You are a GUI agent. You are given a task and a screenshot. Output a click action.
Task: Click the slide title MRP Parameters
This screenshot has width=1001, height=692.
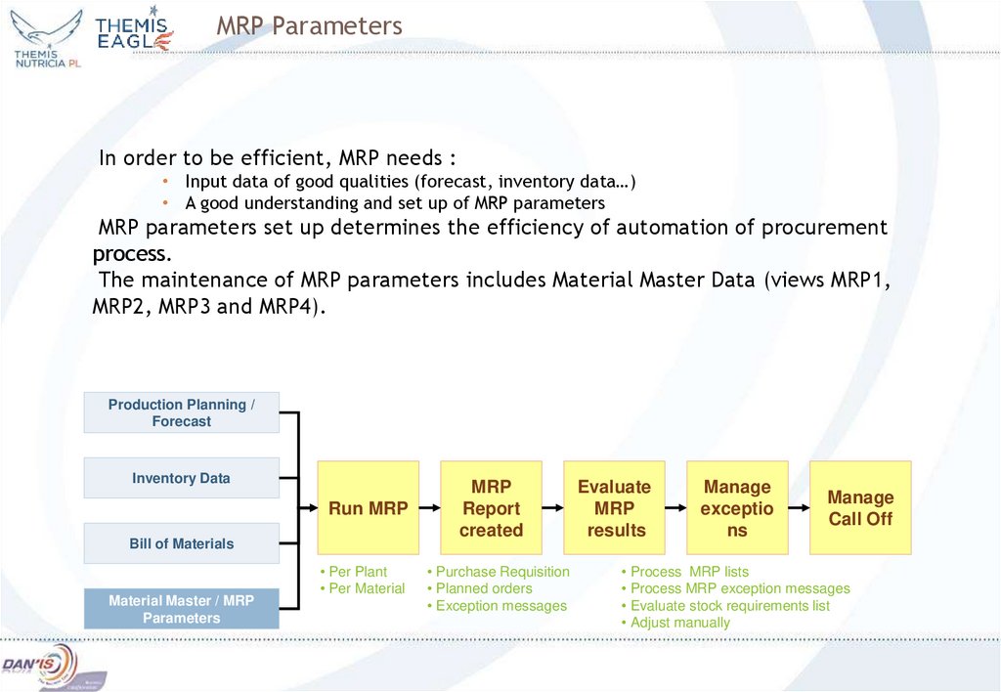coord(309,26)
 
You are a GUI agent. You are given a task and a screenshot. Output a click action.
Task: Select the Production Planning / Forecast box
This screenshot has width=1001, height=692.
coord(181,412)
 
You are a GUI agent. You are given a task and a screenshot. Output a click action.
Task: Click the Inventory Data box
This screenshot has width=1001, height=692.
coord(181,478)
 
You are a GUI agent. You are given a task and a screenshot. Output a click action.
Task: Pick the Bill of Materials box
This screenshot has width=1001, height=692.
coord(181,543)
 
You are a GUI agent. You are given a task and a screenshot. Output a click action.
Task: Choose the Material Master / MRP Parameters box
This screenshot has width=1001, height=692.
coord(181,609)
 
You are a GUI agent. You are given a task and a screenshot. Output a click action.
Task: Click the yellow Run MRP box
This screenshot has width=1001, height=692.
coord(368,508)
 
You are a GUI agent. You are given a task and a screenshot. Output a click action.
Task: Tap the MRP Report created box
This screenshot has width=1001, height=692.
coord(491,508)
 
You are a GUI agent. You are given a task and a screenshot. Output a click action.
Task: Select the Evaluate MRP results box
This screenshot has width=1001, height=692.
coord(614,508)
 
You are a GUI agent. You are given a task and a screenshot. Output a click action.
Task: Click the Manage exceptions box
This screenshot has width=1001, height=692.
coord(737,508)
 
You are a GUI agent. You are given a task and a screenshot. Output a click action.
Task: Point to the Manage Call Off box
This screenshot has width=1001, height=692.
coord(860,508)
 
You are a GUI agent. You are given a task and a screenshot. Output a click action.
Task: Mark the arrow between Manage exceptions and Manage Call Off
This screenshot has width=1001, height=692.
coord(799,508)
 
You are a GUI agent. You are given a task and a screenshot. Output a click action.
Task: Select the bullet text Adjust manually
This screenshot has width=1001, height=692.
coord(679,623)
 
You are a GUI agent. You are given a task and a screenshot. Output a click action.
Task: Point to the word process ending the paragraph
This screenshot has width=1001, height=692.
coord(131,255)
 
